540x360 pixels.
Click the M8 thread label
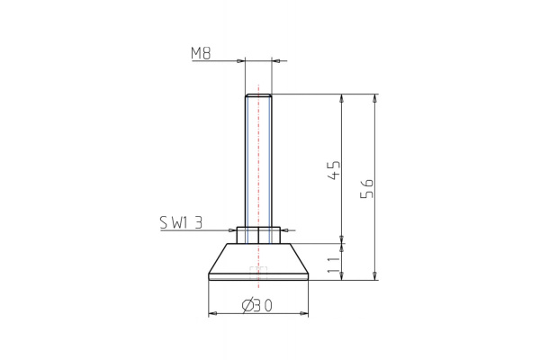(x=201, y=53)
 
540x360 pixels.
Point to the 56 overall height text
(x=365, y=189)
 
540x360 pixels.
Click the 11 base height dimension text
(x=333, y=264)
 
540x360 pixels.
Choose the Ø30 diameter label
(x=257, y=306)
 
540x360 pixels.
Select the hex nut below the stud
(x=258, y=234)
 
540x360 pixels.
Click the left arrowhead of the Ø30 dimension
(x=212, y=314)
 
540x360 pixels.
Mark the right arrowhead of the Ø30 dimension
(x=304, y=314)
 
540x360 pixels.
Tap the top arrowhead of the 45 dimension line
(x=342, y=97)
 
